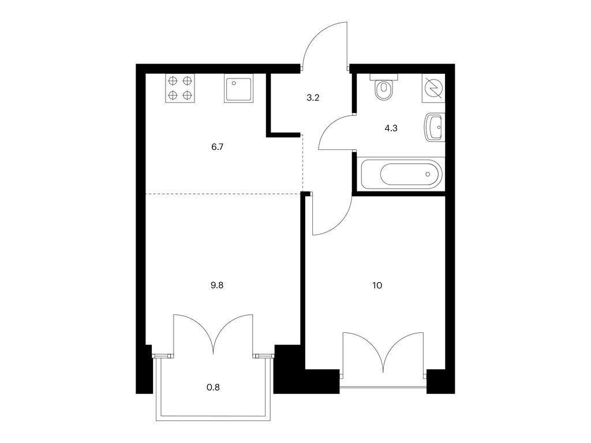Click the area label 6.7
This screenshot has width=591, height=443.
pyautogui.click(x=217, y=147)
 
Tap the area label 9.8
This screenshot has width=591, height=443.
pyautogui.click(x=217, y=285)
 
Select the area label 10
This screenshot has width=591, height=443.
pyautogui.click(x=377, y=285)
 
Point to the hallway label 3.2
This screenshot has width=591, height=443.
pyautogui.click(x=313, y=98)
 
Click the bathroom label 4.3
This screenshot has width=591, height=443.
pyautogui.click(x=391, y=129)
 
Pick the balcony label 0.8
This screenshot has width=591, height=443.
pyautogui.click(x=214, y=387)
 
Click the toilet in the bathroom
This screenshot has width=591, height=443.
pyautogui.click(x=384, y=87)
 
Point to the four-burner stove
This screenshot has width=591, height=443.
pyautogui.click(x=180, y=88)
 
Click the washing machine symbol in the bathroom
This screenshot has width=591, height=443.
pyautogui.click(x=433, y=88)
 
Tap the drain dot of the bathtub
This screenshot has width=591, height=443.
pyautogui.click(x=428, y=174)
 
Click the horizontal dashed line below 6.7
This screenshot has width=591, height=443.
pyautogui.click(x=223, y=194)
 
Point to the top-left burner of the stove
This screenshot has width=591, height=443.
pyautogui.click(x=173, y=81)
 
